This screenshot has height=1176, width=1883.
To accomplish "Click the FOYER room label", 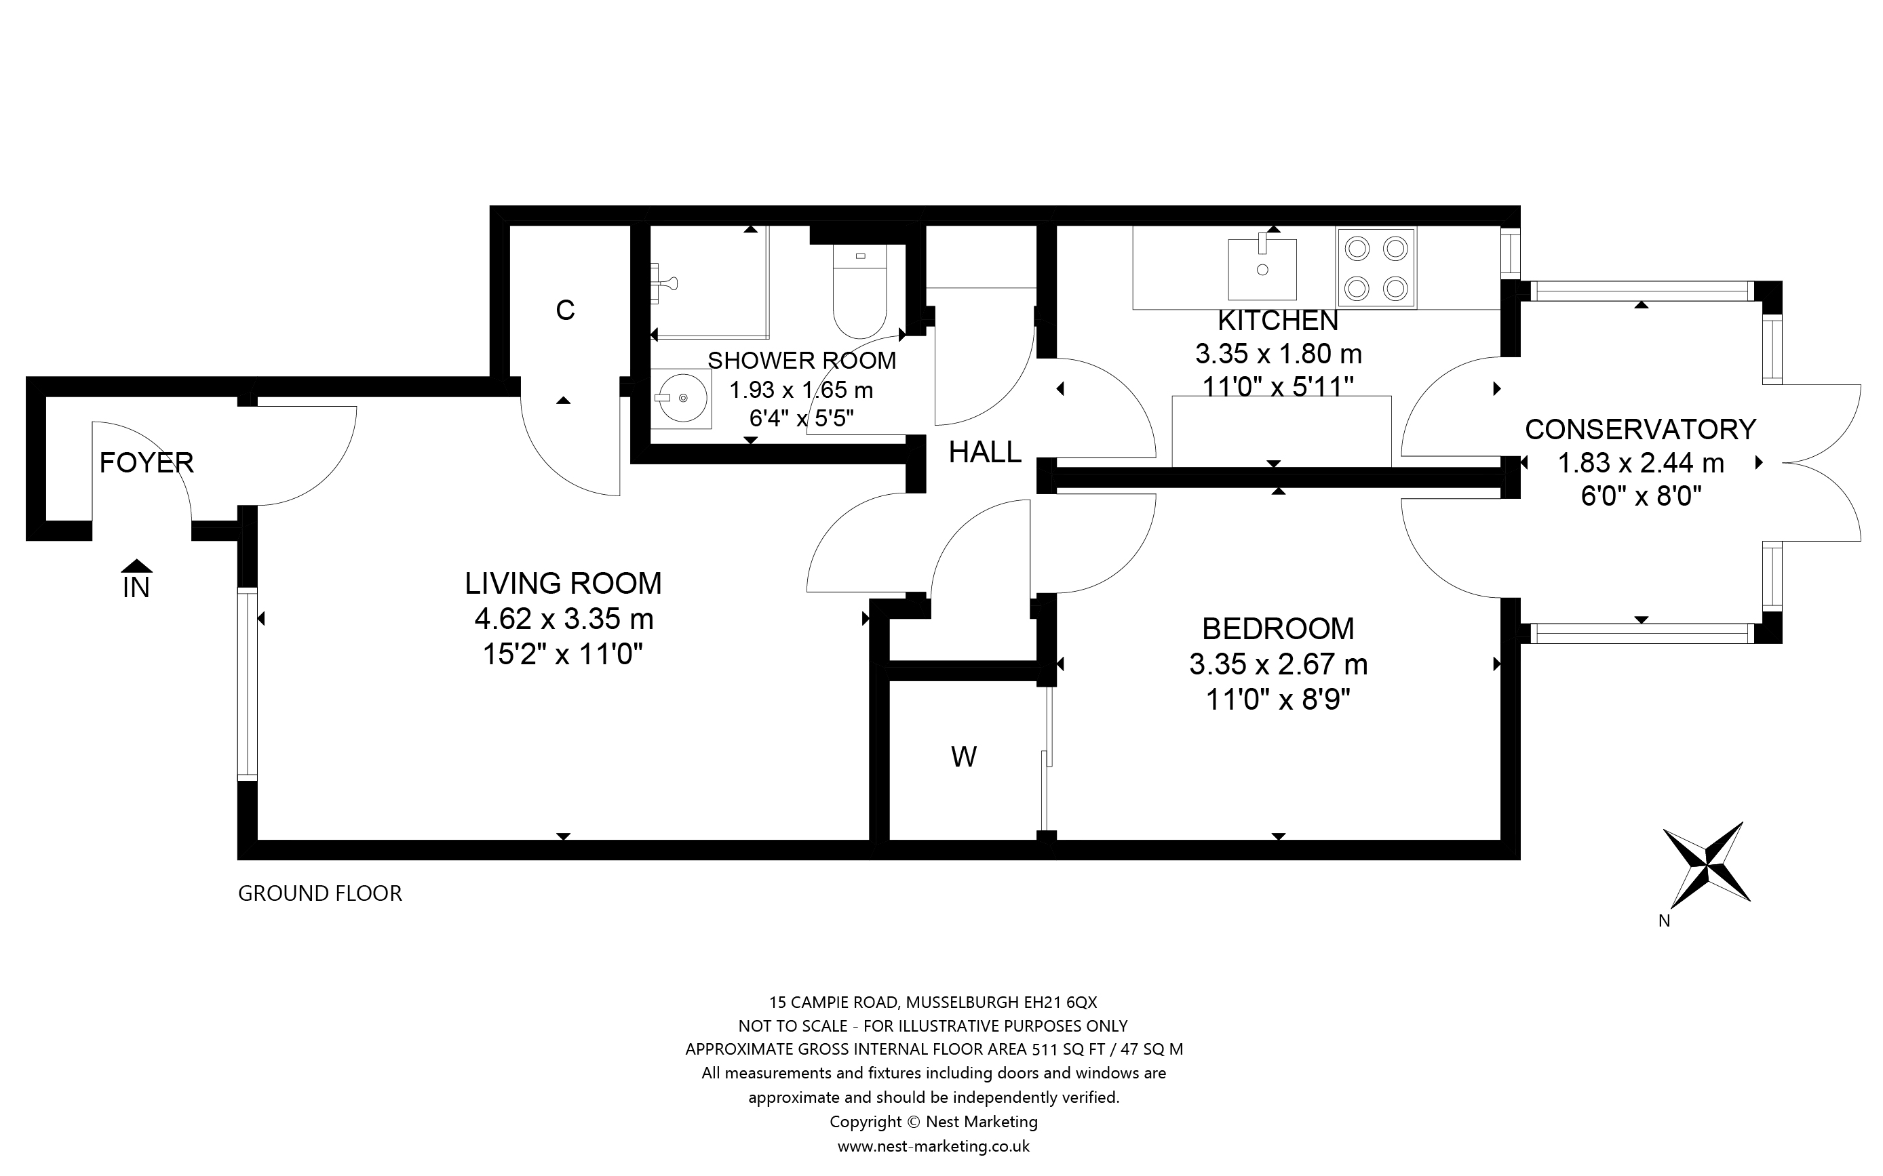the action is [x=147, y=463].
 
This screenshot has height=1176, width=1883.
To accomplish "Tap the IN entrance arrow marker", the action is [x=136, y=565].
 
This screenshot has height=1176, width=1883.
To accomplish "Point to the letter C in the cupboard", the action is [x=565, y=310].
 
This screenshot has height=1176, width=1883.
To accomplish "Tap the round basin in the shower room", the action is [x=682, y=399].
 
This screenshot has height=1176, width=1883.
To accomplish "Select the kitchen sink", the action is [x=1262, y=268].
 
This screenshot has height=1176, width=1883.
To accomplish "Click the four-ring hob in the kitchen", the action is [x=1376, y=267].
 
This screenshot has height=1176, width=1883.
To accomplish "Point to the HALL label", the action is [x=985, y=452].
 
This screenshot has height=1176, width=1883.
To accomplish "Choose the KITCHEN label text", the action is [x=1278, y=321].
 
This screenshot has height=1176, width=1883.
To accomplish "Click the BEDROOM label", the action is [x=1279, y=628].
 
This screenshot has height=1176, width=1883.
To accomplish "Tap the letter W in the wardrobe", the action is [x=964, y=757].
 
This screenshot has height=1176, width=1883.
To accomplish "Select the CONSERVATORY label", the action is [x=1640, y=429].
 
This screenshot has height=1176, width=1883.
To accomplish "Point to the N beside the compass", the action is [x=1665, y=921].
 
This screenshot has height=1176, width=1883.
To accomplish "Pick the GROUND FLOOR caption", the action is [x=319, y=893].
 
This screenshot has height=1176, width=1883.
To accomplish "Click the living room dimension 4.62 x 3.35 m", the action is [x=564, y=619].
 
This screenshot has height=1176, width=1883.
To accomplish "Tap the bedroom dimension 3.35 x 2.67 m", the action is [x=1279, y=664].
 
